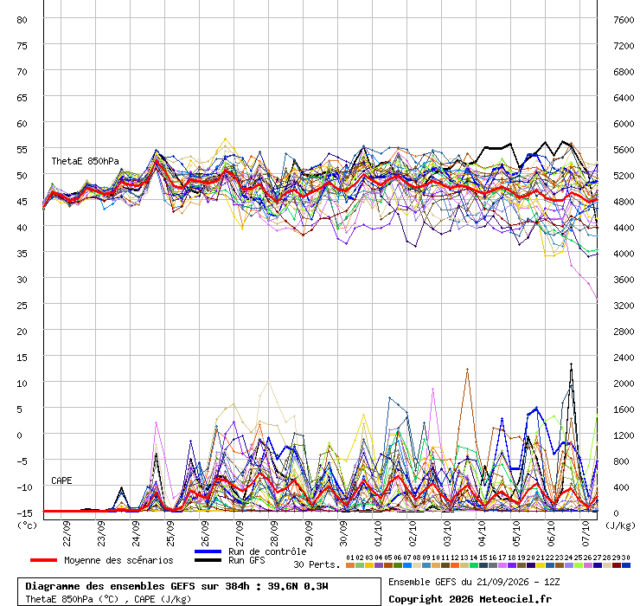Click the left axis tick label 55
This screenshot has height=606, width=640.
tap(22, 150)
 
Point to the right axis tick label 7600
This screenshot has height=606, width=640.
tap(624, 20)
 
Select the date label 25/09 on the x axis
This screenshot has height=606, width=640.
tap(170, 533)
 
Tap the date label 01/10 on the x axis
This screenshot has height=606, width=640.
tap(378, 533)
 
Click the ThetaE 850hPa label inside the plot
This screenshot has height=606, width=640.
tap(85, 161)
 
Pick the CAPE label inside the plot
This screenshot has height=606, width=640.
tap(61, 480)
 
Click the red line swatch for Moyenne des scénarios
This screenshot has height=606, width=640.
tap(43, 560)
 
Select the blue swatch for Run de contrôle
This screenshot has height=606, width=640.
tap(208, 551)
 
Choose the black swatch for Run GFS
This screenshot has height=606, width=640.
tap(208, 560)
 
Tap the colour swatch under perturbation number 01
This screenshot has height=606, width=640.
tap(349, 565)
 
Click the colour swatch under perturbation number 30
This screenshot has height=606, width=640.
tap(625, 565)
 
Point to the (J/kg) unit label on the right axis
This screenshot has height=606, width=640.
tap(620, 525)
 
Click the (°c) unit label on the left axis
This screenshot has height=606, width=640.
tap(27, 525)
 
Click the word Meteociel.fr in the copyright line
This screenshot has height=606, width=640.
tap(515, 599)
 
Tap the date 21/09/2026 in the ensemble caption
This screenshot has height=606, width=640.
tap(502, 582)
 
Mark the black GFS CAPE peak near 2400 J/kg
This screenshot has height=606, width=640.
tap(571, 364)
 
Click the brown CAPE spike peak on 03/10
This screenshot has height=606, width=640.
tap(467, 370)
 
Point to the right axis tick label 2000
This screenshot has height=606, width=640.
tap(624, 384)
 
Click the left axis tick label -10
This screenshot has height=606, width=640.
tap(22, 487)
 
